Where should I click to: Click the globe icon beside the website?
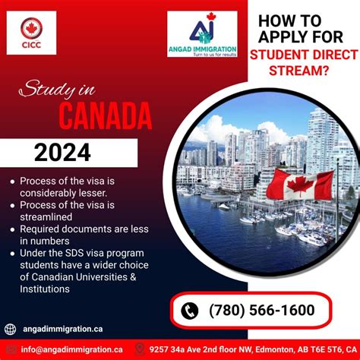coord(10,329)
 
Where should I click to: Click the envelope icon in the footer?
coord(10,350)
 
